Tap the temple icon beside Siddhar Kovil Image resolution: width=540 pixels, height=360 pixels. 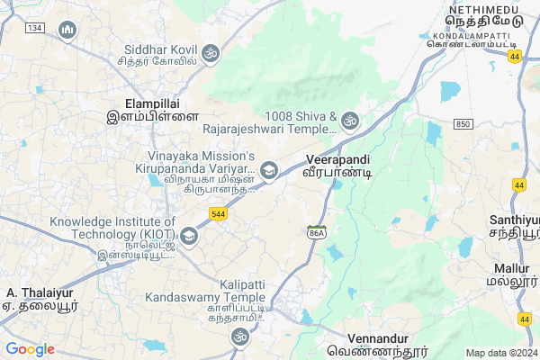click(211, 51)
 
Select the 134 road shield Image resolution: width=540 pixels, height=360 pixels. click(35, 29)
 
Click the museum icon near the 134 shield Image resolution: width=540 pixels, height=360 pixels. click(67, 31)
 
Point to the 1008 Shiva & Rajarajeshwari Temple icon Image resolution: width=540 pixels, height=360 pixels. click(349, 120)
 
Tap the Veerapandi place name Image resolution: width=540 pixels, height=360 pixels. click(337, 159)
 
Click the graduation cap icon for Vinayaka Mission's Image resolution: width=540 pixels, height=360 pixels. click(268, 170)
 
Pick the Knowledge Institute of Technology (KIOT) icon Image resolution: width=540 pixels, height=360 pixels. click(189, 237)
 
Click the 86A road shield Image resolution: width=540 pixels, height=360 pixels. click(316, 231)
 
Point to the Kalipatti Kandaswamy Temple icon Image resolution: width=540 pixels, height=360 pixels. click(238, 337)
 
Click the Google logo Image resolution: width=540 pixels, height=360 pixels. click(30, 349)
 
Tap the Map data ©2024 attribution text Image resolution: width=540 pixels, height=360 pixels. click(499, 352)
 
